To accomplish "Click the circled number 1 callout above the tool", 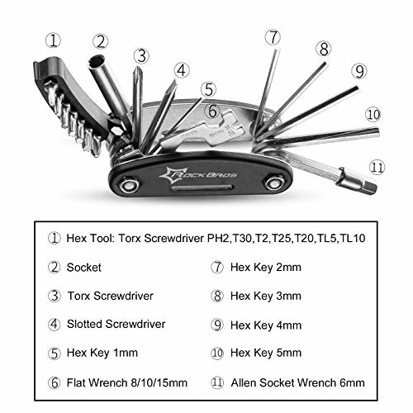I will pyautogui.click(x=54, y=39).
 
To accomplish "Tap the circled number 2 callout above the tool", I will pyautogui.click(x=102, y=40).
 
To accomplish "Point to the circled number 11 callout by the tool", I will pyautogui.click(x=377, y=167).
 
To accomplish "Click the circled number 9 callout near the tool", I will pyautogui.click(x=358, y=71).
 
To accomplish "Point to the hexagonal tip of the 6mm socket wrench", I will pyautogui.click(x=367, y=186).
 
